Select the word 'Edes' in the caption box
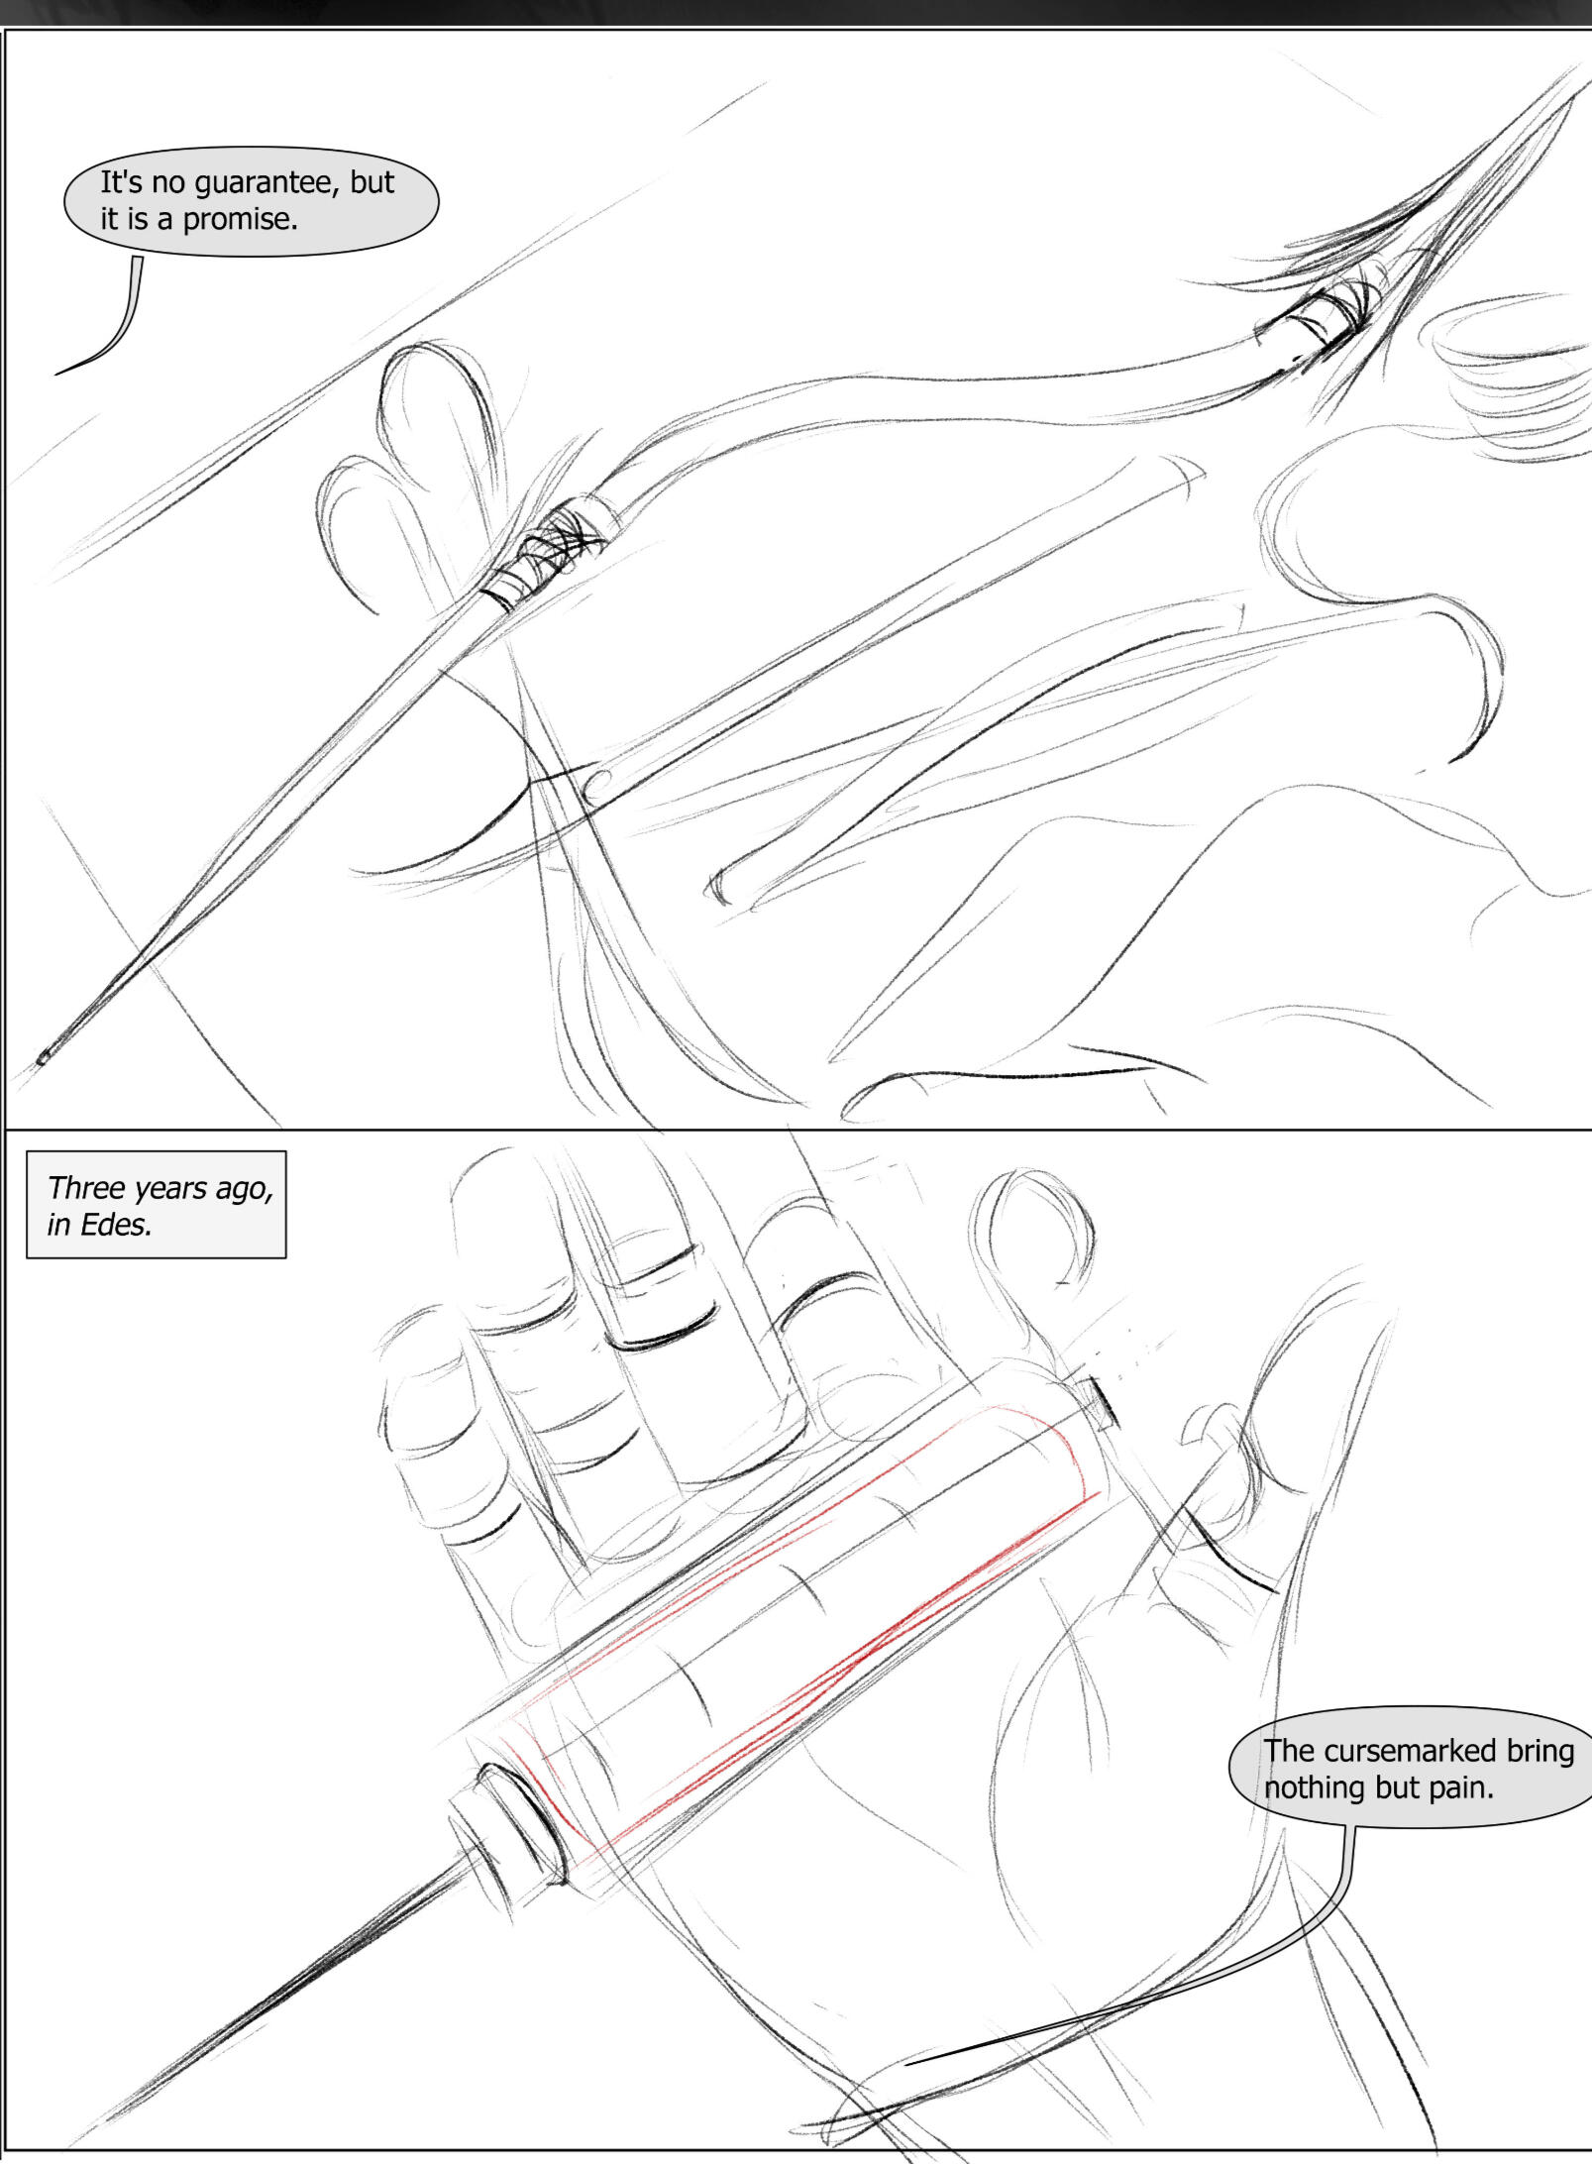(116, 1225)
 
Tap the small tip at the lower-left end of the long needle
(43, 1058)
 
